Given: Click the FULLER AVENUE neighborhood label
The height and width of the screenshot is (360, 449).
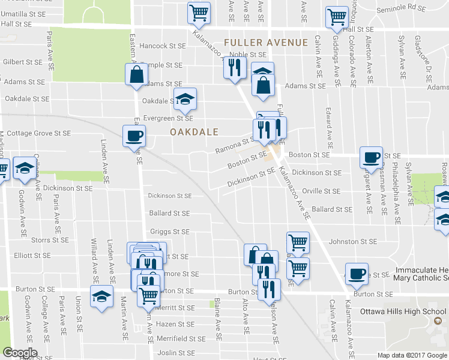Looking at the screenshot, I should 266,43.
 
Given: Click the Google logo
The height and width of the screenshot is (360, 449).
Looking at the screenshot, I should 19,353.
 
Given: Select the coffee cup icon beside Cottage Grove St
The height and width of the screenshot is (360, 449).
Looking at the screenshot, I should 133,135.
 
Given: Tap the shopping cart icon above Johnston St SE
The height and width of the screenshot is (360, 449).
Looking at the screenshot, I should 298,242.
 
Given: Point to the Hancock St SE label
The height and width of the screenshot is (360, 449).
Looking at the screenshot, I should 163,46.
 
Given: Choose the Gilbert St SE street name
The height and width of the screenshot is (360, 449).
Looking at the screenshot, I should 22,62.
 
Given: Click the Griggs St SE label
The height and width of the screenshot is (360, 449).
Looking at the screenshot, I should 169,232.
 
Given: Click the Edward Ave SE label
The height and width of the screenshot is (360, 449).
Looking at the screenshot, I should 330,128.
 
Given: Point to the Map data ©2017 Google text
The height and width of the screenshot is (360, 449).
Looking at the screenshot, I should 412,355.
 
